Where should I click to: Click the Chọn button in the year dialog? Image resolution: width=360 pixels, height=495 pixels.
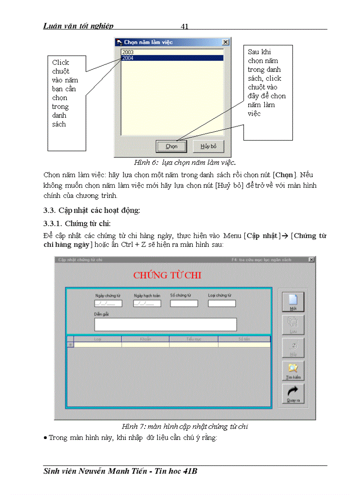171,146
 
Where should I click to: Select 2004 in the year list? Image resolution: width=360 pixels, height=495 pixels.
172,58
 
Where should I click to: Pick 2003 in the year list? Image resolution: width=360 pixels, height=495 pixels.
172,52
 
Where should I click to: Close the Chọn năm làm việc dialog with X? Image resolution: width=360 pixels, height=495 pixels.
225,42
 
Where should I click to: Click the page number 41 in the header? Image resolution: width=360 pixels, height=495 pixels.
185,26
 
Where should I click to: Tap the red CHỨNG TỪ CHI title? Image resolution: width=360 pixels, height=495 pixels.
167,275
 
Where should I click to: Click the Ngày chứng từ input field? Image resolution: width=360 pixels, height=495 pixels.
108,304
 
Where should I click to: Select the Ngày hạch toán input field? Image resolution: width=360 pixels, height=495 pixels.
147,304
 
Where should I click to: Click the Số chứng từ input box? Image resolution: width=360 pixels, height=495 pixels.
184,304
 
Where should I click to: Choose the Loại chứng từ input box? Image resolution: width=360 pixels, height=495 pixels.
222,304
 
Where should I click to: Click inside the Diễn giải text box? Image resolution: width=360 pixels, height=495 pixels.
165,324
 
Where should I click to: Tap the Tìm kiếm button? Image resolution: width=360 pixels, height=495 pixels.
293,370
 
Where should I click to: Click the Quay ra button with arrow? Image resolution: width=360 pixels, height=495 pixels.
293,394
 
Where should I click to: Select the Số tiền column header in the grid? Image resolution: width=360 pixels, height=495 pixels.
244,339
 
